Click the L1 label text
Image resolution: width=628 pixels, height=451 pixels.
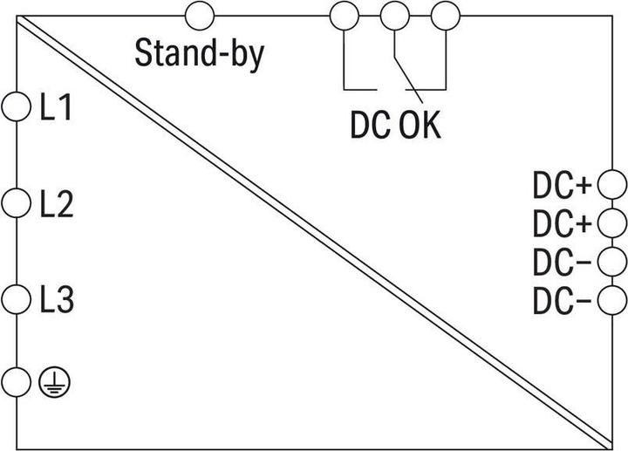[56, 107]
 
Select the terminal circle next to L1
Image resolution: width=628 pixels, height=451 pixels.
[16, 106]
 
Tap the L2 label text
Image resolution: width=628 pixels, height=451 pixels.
[57, 204]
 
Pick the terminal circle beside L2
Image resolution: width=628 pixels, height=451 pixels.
[16, 203]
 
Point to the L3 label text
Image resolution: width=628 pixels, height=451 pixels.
[57, 300]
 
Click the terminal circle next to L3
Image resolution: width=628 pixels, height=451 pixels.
[16, 299]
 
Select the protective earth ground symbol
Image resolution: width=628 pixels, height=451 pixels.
[54, 382]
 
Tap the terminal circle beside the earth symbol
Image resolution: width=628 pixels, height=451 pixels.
[16, 382]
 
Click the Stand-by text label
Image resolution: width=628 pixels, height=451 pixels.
[200, 54]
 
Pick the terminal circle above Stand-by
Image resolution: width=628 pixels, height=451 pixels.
[200, 16]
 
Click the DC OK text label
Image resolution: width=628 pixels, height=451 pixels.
[395, 125]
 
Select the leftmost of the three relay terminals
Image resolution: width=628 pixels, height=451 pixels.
[344, 16]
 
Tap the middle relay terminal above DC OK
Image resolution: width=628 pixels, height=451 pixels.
[395, 16]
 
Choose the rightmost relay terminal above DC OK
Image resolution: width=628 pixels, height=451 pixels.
[446, 16]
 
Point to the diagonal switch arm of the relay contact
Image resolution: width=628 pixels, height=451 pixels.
[408, 80]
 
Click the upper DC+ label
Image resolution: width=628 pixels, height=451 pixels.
[562, 186]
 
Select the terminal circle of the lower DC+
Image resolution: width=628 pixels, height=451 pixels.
[612, 222]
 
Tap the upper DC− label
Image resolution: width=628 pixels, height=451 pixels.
[562, 262]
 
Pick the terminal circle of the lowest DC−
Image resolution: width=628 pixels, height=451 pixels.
[612, 299]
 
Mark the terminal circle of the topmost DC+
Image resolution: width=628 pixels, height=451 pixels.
[612, 184]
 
